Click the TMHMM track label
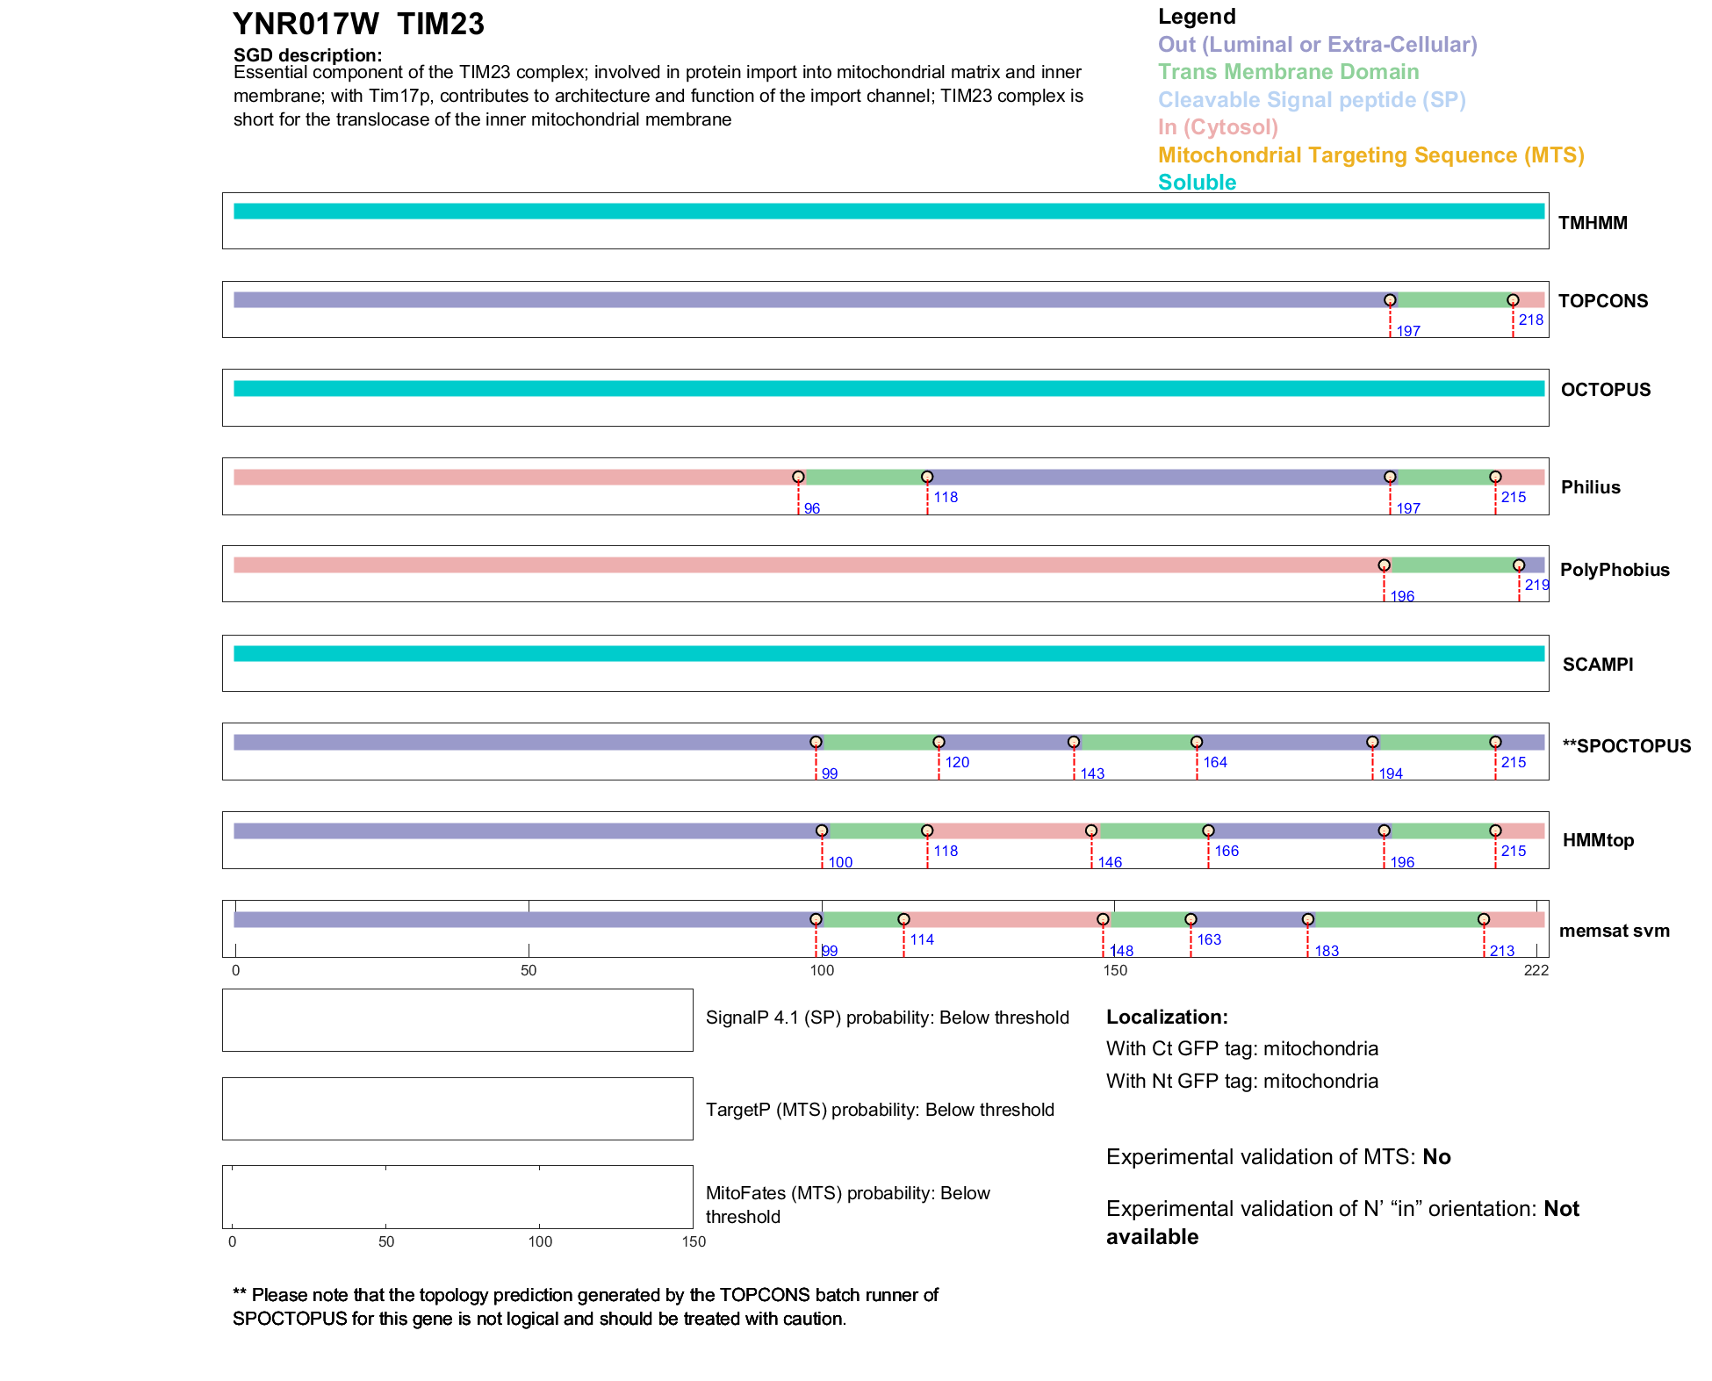tap(1592, 223)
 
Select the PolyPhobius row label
tap(1614, 570)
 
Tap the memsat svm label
tap(1614, 931)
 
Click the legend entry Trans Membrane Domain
tap(1288, 72)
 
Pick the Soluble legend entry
tap(1197, 183)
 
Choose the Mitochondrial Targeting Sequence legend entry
tap(1370, 155)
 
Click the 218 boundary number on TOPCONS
tap(1530, 320)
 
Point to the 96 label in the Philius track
tap(811, 509)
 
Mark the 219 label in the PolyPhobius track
tap(1536, 586)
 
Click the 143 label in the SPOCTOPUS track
tap(1092, 774)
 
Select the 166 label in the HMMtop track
tap(1226, 852)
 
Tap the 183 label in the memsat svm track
tap(1326, 952)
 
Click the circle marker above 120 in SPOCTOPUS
tap(939, 743)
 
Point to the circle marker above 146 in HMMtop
tap(1090, 831)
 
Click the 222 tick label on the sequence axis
tap(1536, 971)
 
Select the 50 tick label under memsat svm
tap(529, 971)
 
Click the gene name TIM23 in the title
tap(440, 25)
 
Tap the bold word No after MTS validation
tap(1436, 1157)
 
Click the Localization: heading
tap(1166, 1018)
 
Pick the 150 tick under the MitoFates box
tap(694, 1242)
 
